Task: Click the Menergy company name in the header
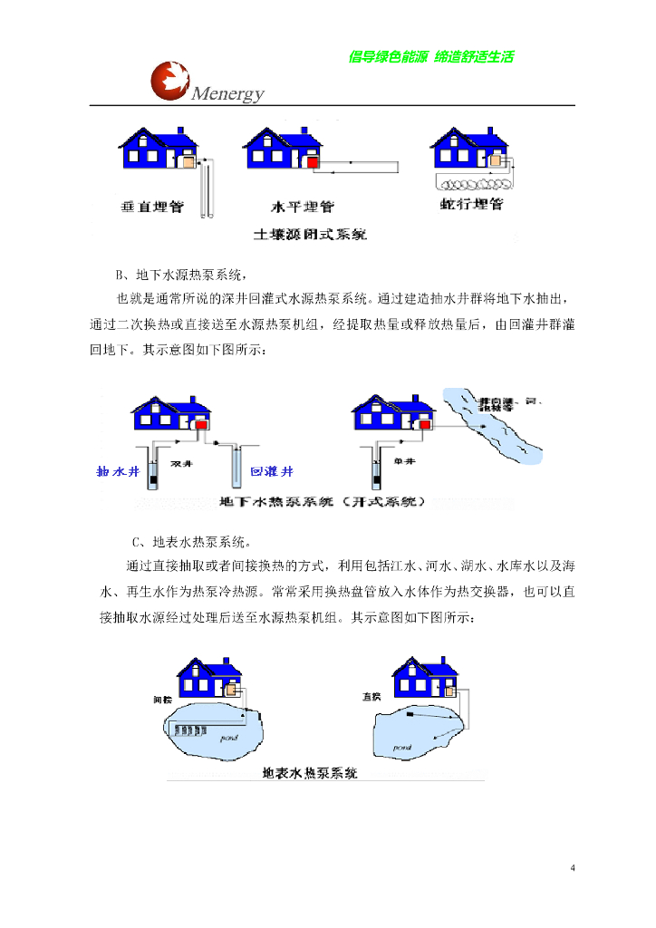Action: point(227,94)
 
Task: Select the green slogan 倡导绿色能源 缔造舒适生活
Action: point(431,57)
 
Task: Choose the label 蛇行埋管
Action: point(470,206)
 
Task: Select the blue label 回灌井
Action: point(271,472)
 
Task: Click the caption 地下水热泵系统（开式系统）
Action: point(322,501)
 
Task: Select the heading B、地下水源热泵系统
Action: point(180,275)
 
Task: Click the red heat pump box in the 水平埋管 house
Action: point(311,162)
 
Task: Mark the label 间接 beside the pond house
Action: point(162,700)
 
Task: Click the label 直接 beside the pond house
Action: point(370,697)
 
